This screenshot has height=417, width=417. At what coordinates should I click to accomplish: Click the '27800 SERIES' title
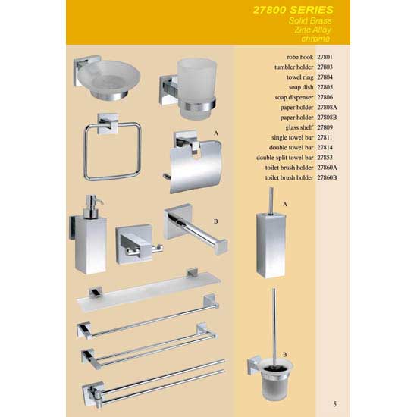293,10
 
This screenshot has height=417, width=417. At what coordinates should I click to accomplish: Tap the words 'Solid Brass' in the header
310,20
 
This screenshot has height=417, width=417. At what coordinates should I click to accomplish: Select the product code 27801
325,57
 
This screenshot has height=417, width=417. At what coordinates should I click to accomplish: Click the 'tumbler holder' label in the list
294,67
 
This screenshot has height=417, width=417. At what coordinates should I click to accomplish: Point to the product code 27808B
327,118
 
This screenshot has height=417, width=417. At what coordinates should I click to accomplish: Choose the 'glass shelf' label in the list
299,127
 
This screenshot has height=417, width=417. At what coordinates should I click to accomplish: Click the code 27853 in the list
325,158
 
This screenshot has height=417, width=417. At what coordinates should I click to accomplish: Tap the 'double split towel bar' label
285,158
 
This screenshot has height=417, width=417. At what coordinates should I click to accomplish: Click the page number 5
335,404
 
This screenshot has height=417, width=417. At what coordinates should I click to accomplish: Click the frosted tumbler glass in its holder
197,88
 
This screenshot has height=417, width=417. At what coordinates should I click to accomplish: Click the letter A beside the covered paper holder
216,133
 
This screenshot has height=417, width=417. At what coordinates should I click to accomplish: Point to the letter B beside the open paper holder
215,221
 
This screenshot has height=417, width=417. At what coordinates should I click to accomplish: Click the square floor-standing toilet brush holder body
271,246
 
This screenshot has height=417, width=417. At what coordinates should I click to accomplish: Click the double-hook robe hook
138,244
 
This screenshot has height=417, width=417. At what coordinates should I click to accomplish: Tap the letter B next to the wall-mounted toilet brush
285,355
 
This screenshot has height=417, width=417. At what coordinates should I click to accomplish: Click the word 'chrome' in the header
315,39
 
